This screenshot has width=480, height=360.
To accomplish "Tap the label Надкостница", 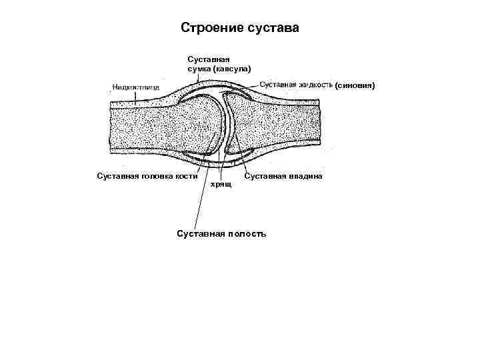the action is tap(134, 87).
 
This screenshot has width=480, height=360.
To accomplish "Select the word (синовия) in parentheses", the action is tap(359, 85).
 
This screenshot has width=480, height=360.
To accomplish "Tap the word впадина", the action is tap(303, 176).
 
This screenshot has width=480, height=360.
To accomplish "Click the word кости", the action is tap(189, 176).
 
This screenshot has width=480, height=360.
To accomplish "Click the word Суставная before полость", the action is tap(198, 233).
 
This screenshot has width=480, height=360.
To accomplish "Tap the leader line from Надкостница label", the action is tap(137, 97).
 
